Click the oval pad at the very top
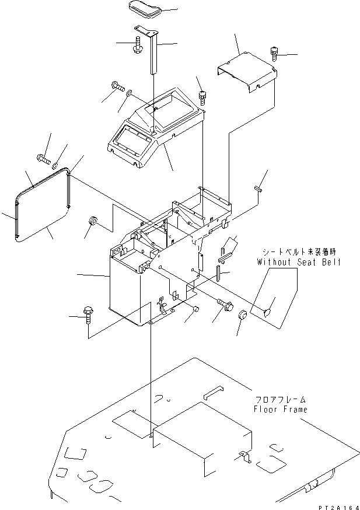tap(144, 10)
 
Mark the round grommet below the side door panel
tap(92, 222)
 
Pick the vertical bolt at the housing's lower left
tap(89, 313)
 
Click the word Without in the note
tap(272, 262)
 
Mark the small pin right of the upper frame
tap(259, 188)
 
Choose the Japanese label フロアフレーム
tap(279, 399)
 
